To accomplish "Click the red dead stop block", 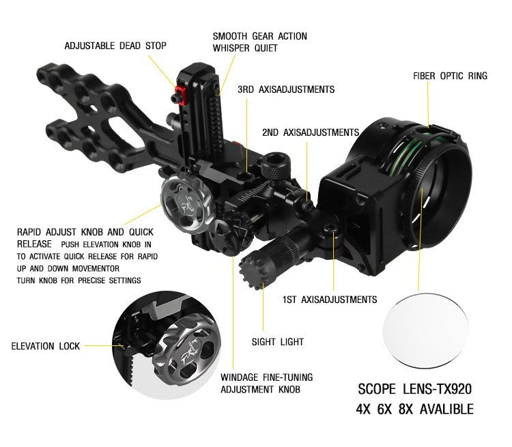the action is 181,96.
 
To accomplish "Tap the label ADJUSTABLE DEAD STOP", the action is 115,46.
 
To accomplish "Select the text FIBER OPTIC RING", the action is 450,76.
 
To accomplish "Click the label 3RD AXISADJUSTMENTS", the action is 286,89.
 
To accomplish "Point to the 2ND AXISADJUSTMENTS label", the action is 311,132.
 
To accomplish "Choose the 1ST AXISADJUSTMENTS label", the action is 330,300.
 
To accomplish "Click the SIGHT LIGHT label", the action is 278,342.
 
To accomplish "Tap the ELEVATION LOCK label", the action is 45,346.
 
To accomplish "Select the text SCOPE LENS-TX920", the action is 414,389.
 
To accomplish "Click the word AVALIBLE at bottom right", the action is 446,409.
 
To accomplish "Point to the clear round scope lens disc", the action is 425,330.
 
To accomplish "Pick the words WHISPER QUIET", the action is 245,48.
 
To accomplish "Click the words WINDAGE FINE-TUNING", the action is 267,377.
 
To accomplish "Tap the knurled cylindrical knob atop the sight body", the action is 275,165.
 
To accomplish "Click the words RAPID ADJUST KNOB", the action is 70,232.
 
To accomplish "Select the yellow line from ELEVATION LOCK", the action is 104,346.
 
